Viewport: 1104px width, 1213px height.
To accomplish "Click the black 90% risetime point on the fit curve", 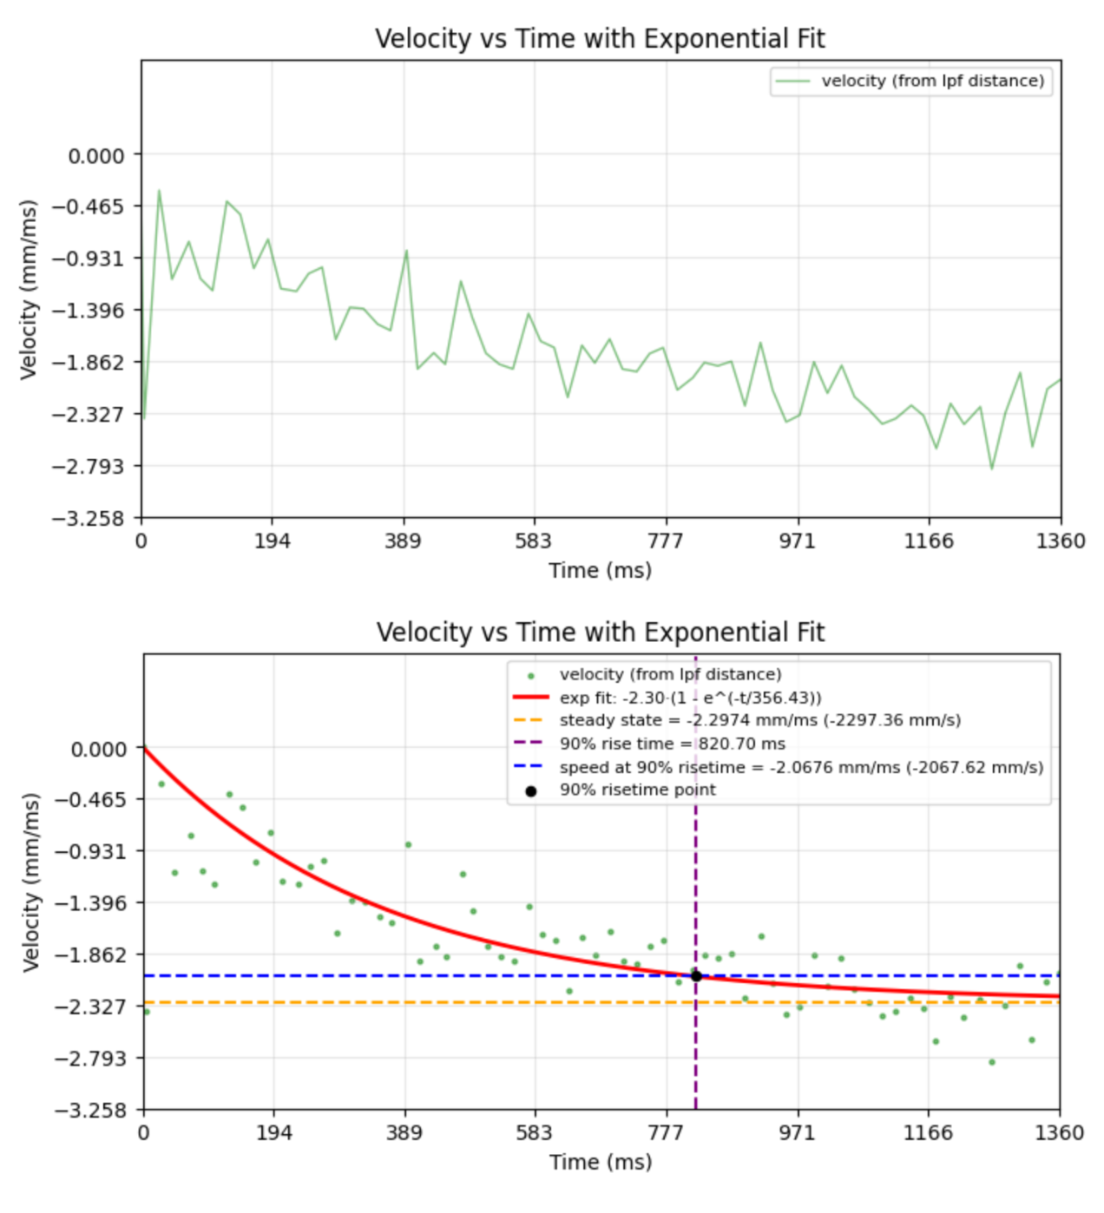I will [x=696, y=976].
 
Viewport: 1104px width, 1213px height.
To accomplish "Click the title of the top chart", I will [x=600, y=39].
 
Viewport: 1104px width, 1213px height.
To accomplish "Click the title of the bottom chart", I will [x=600, y=633].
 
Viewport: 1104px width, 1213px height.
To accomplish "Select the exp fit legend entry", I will [x=690, y=698].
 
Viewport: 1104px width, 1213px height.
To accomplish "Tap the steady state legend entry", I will [x=759, y=721].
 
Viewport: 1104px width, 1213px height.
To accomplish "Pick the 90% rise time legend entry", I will [x=672, y=744].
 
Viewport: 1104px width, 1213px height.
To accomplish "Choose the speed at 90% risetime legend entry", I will [x=800, y=767].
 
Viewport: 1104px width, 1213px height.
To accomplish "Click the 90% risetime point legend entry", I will [x=637, y=790].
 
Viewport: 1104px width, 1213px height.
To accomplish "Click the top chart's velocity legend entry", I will [x=932, y=82].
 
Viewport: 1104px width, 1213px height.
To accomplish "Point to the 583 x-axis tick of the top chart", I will [x=534, y=541].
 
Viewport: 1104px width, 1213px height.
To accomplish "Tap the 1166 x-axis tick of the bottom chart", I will [x=929, y=1133].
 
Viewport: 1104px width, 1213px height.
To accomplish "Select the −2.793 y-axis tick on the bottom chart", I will [x=89, y=1059].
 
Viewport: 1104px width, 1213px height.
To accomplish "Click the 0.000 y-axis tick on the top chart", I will [x=96, y=155].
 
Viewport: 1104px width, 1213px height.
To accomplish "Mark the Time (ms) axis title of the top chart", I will [x=600, y=570].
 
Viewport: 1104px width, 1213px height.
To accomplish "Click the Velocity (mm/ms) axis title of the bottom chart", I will [x=31, y=882].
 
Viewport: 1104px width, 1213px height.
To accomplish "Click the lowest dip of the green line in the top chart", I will [x=992, y=469].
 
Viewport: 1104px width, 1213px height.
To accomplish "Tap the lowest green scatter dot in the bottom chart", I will [x=992, y=1062].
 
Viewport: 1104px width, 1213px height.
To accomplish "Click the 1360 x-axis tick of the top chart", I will [x=1060, y=541].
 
